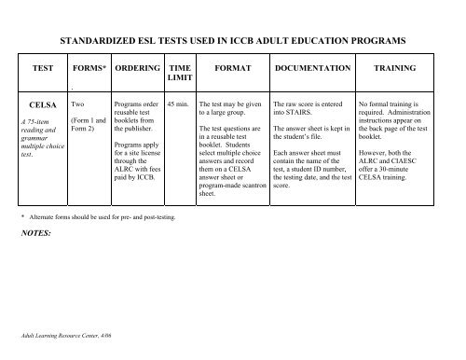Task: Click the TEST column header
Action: coord(43,69)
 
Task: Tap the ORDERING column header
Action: coord(134,69)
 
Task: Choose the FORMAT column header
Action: coord(228,69)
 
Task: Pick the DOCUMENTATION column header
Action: coord(310,69)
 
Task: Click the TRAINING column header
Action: coord(394,69)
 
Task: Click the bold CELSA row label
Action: coord(44,106)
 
